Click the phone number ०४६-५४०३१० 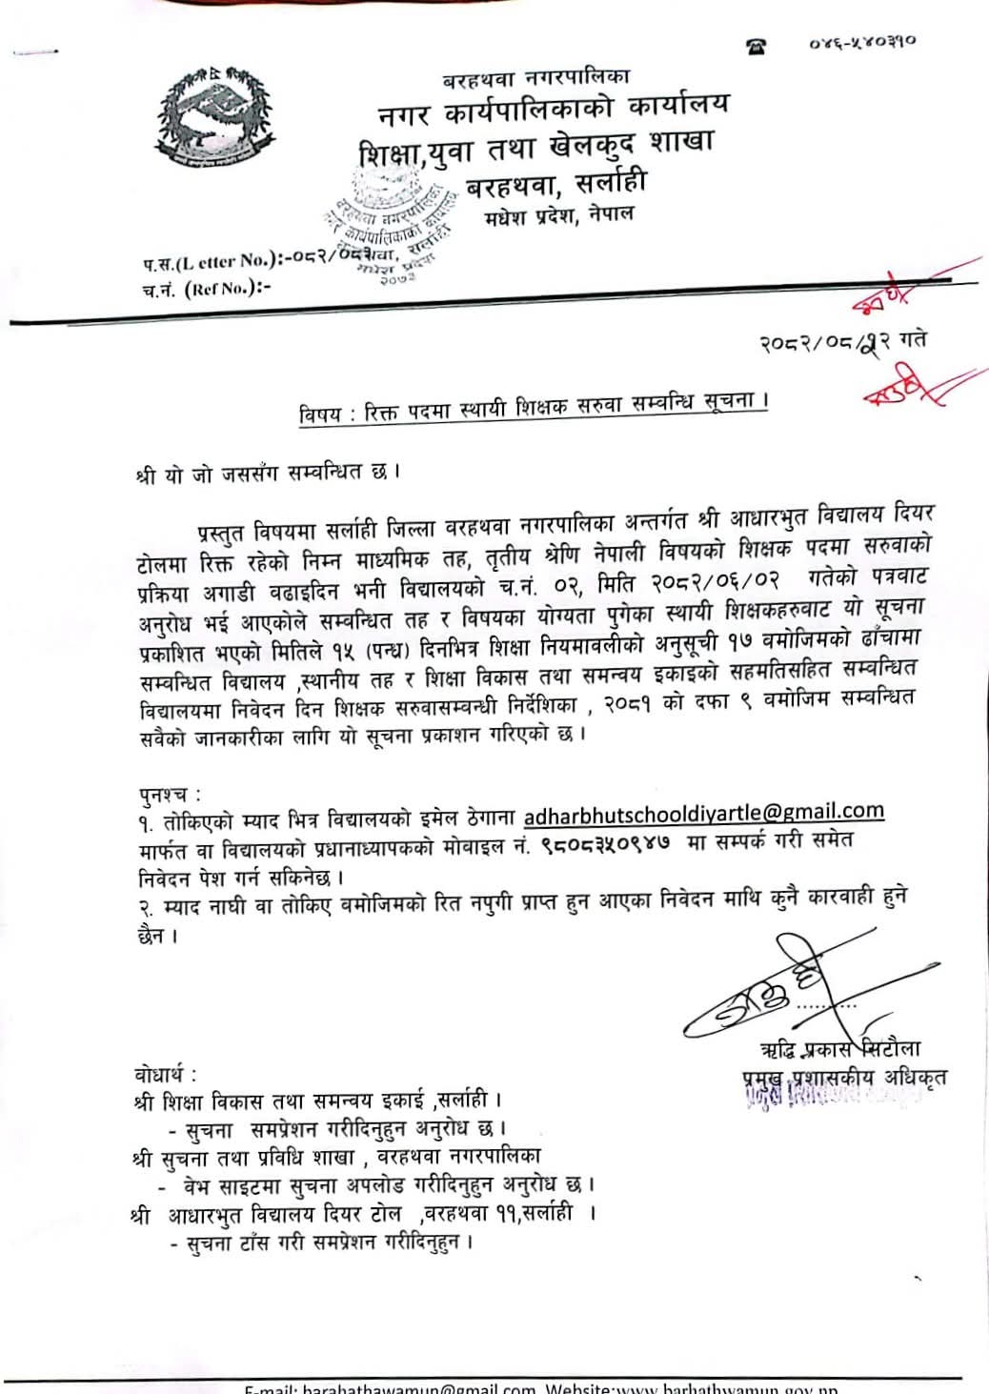tap(862, 43)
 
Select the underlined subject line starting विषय tap(533, 407)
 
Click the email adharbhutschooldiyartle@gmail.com tap(704, 813)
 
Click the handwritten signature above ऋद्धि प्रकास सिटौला tap(762, 991)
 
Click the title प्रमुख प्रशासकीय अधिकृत tap(844, 1079)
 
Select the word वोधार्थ tap(166, 1074)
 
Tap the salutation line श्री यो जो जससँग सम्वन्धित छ tap(267, 472)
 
